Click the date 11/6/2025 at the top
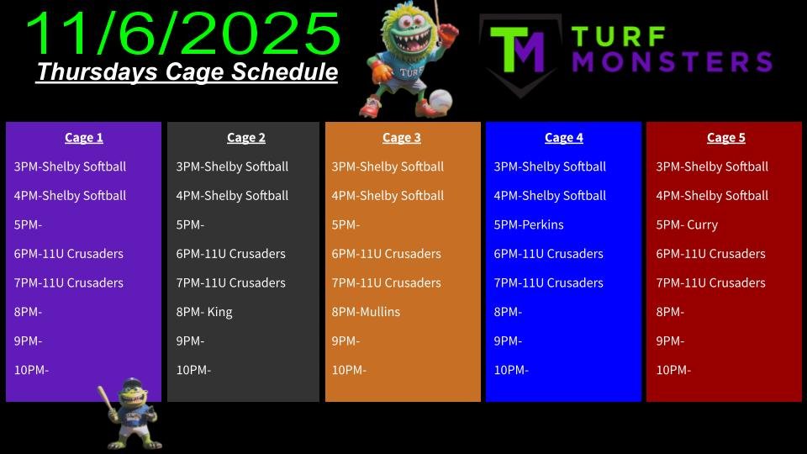182,34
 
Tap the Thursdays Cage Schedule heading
187,72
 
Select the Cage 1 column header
84,138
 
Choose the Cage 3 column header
402,138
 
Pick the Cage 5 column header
725,138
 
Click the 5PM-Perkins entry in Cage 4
529,225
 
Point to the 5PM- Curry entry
687,225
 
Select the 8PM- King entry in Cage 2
203,312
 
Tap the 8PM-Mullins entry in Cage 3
366,312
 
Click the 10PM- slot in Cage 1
31,370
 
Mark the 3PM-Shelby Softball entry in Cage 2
232,166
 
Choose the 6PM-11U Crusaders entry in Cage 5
710,254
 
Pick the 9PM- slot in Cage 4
508,340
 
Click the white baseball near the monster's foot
440,100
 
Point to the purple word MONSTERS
672,61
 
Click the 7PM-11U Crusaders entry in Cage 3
386,283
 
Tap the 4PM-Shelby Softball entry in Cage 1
70,196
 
